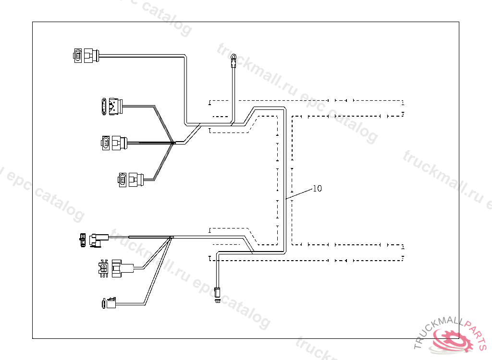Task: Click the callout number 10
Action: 317,189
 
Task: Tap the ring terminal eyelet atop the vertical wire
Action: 233,59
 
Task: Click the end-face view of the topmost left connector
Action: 78,56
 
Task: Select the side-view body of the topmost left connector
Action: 91,56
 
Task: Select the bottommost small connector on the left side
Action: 110,303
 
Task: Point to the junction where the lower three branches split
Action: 171,237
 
